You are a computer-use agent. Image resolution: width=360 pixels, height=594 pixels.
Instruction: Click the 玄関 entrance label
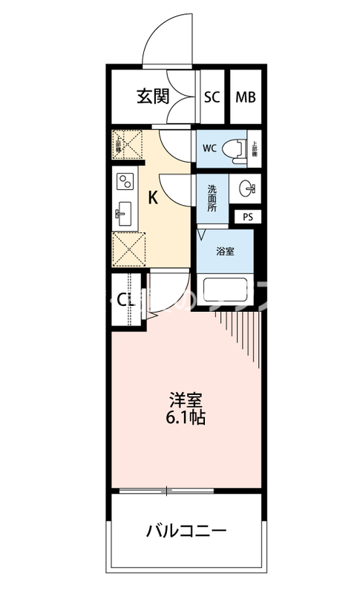coord(154,96)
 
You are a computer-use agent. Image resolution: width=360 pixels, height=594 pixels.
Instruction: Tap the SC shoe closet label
coord(212,97)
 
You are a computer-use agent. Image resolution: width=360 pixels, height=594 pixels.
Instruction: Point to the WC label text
coord(209,147)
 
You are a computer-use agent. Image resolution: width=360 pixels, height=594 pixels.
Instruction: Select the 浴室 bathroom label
coord(225,250)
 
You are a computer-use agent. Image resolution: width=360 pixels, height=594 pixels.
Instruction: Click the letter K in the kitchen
coord(154,198)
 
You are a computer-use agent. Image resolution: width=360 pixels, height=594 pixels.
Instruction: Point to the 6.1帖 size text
coord(186,417)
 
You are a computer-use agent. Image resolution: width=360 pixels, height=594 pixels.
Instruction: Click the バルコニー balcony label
coord(186,531)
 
